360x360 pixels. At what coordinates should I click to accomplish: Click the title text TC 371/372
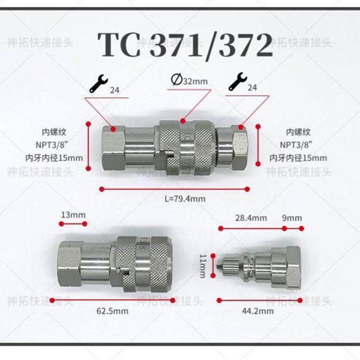pos(186,44)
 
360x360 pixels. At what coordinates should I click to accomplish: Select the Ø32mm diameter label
pos(189,81)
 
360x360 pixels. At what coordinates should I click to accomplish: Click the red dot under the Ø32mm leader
pos(183,121)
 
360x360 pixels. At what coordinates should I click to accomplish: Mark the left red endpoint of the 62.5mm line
pos(53,299)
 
